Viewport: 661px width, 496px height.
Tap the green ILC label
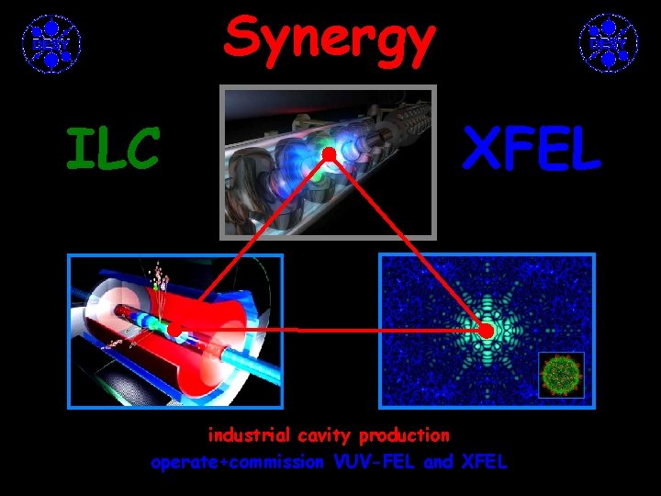pyautogui.click(x=112, y=150)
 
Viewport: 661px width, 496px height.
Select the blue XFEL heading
pyautogui.click(x=532, y=150)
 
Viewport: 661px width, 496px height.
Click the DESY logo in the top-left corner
pyautogui.click(x=51, y=42)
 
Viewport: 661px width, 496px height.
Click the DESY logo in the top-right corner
pyautogui.click(x=608, y=42)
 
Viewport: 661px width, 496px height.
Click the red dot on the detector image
pyautogui.click(x=174, y=329)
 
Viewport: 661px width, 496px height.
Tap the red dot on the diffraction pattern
pyautogui.click(x=487, y=330)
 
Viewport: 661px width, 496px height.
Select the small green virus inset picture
pyautogui.click(x=560, y=375)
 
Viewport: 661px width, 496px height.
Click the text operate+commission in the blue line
pyautogui.click(x=236, y=462)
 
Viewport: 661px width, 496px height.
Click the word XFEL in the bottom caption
pyautogui.click(x=484, y=462)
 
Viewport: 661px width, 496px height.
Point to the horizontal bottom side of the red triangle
pyautogui.click(x=330, y=329)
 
